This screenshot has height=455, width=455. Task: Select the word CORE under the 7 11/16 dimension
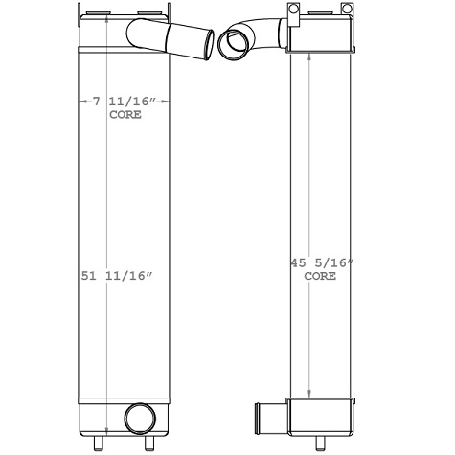[x=125, y=114]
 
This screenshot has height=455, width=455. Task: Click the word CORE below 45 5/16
[x=320, y=276]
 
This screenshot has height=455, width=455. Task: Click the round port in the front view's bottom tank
[x=139, y=418]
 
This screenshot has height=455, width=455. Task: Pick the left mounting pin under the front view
[x=98, y=443]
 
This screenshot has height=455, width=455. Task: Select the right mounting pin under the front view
[x=148, y=443]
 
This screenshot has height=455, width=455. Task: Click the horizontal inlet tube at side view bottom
[x=269, y=419]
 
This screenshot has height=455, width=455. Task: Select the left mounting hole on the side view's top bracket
[x=293, y=11]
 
